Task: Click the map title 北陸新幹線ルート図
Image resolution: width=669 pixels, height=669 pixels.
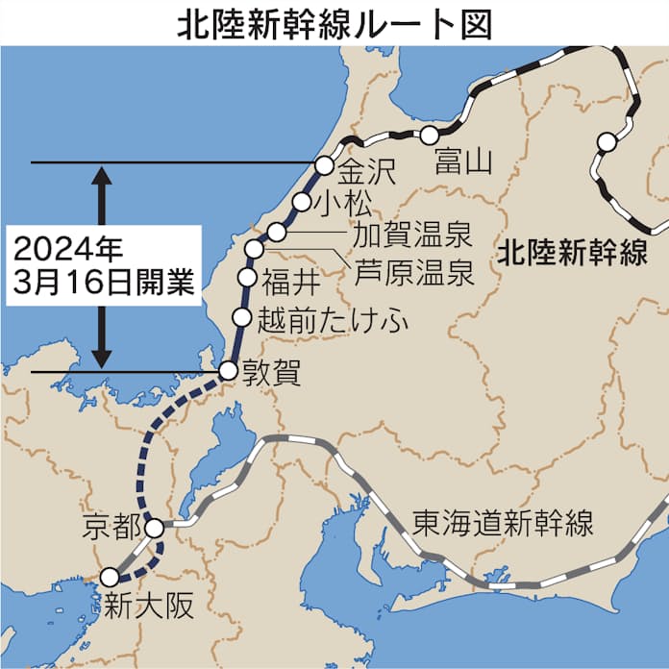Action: pos(334,24)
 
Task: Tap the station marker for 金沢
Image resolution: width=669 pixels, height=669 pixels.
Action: pos(325,164)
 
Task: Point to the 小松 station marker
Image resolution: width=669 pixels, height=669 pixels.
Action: pos(302,202)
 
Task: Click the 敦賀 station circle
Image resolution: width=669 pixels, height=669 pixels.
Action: pos(228,370)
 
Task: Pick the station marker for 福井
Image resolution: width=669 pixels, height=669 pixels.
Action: pos(247,279)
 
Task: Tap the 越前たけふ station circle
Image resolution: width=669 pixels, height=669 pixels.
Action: pos(241,318)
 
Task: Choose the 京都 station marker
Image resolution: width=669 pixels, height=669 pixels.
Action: pos(155,527)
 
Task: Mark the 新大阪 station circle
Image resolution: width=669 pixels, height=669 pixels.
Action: pos(110,578)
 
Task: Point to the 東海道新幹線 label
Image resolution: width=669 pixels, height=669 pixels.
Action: pos(503,524)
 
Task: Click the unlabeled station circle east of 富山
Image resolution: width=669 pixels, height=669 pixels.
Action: pos(607,143)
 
